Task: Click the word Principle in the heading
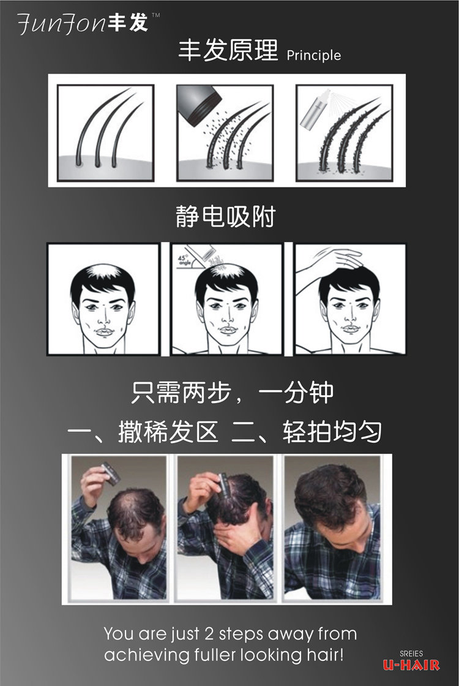point(313,56)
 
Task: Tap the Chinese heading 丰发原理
point(228,50)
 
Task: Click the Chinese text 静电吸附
point(225,216)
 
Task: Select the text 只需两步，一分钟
point(232,392)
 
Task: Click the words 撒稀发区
point(168,432)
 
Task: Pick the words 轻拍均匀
point(332,432)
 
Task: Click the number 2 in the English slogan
point(209,634)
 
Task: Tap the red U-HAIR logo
point(411,665)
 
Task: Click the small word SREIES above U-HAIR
point(411,654)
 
